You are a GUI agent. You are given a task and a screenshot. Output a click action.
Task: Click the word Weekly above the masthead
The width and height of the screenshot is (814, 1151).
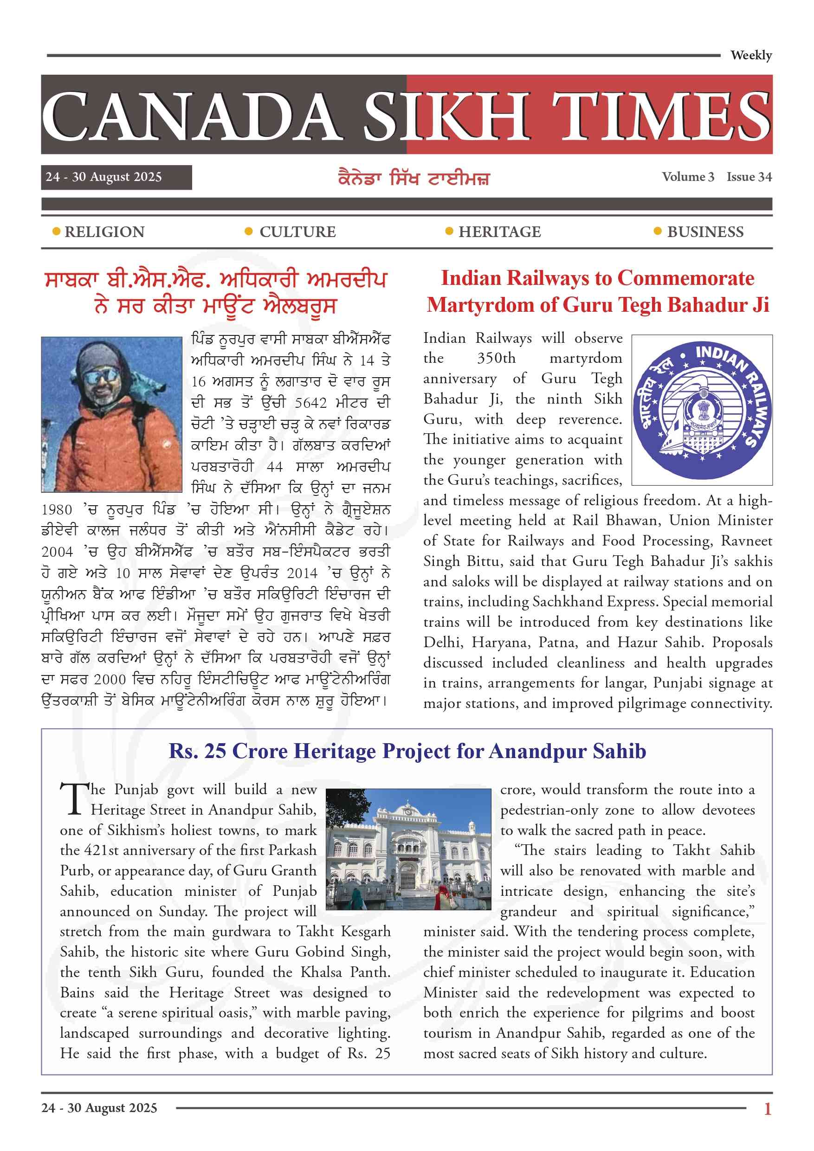coord(750,55)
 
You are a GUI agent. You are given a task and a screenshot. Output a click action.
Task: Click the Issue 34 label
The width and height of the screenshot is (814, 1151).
coord(749,177)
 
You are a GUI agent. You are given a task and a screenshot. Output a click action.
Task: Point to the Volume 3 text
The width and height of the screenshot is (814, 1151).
coord(688,177)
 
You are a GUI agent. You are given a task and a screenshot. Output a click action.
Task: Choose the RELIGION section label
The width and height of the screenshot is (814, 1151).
coord(104,231)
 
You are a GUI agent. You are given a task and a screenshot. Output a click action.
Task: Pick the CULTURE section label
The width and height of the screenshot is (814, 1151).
coord(297,231)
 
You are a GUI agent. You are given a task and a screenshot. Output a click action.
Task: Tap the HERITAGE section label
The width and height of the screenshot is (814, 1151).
coord(499,231)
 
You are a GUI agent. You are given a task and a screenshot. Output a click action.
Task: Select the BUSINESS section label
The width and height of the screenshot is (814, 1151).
coord(705,231)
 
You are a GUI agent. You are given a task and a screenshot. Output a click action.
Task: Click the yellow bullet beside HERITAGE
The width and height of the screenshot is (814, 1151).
coord(449,231)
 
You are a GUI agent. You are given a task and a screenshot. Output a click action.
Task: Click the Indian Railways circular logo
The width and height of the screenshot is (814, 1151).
coord(701,410)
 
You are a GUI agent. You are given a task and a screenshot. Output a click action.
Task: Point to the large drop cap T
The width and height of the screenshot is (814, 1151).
coord(73,798)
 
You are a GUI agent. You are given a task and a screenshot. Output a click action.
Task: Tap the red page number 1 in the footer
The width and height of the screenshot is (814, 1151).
coord(767,1108)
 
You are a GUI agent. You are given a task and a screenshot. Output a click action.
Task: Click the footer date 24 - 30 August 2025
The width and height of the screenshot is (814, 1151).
coord(99,1107)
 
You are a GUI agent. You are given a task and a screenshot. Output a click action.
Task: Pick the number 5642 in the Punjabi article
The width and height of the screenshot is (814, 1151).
coord(310,403)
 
